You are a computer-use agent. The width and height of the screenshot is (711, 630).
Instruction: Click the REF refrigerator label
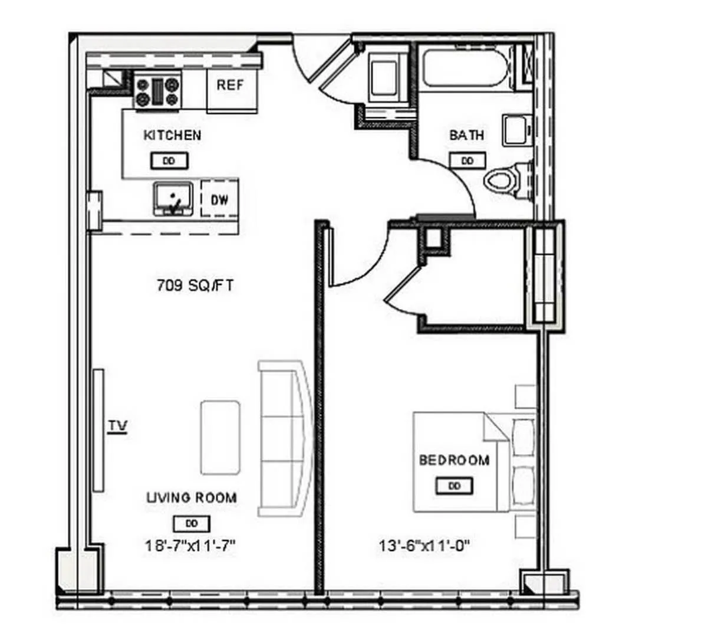pos(230,85)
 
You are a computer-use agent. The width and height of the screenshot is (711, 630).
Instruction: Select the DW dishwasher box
pos(219,200)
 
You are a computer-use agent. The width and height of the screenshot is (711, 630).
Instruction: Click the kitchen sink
pos(173,199)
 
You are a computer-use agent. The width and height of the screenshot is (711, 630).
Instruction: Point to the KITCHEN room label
pos(172,135)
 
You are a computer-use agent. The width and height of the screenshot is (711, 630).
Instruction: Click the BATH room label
pos(466,135)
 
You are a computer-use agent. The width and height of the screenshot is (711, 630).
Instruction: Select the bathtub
pos(465,70)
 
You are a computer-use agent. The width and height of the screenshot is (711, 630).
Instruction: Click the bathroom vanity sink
pos(516,130)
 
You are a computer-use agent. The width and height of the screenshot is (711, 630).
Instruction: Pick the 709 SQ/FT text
pos(195,286)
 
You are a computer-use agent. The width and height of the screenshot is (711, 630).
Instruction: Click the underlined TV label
pos(118,426)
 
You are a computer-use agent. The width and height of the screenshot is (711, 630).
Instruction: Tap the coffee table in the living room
pos(220,437)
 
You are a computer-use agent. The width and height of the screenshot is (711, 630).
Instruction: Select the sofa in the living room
pos(284,438)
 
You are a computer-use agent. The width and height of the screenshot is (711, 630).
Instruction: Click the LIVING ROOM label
pos(192,497)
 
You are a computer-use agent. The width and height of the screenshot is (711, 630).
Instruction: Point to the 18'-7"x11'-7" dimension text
pos(190,546)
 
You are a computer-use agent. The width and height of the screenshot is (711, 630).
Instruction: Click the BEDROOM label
pos(454,460)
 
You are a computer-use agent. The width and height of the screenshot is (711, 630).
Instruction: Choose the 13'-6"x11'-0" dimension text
pos(424,546)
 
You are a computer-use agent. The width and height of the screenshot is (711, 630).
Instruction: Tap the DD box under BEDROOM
pos(454,486)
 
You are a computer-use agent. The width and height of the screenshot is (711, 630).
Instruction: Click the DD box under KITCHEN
pos(169,160)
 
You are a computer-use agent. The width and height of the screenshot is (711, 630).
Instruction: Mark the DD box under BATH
pos(468,160)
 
